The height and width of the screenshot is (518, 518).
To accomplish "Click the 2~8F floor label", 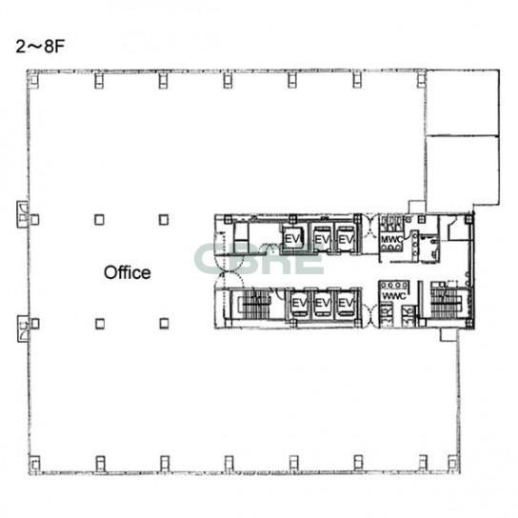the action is click(x=40, y=47).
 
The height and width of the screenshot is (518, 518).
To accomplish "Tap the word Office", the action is click(x=128, y=273).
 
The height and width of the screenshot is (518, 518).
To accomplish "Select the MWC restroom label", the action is click(x=391, y=238).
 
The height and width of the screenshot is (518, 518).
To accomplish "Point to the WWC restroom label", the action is click(x=394, y=296).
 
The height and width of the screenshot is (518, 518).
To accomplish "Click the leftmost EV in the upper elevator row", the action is click(x=292, y=238).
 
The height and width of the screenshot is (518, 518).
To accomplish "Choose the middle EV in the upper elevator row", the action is click(x=321, y=239).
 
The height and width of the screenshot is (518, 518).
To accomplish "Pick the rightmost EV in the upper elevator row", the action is click(x=346, y=239).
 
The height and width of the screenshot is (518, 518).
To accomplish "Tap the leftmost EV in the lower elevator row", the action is click(x=299, y=303).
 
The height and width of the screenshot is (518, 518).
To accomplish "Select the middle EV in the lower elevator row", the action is click(x=323, y=303).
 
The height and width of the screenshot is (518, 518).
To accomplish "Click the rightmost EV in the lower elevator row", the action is click(x=346, y=303).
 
